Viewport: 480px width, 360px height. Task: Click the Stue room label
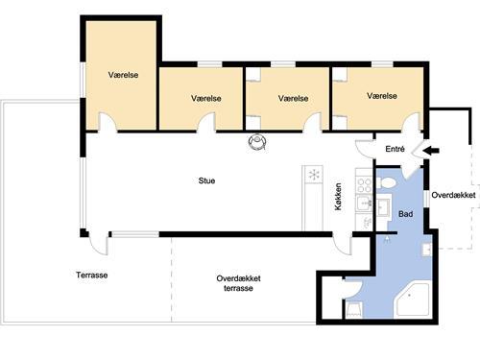(206, 179)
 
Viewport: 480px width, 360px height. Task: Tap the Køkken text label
(339, 197)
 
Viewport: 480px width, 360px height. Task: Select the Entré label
(395, 149)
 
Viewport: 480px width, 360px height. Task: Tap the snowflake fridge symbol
(313, 175)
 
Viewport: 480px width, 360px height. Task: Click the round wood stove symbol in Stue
(256, 141)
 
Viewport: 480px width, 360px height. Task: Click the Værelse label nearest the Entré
(382, 96)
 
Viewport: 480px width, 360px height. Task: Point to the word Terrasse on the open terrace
(92, 276)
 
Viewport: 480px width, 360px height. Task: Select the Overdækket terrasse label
(238, 283)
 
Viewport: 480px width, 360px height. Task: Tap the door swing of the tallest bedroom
(108, 123)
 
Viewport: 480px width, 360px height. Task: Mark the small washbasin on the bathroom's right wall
(425, 250)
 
